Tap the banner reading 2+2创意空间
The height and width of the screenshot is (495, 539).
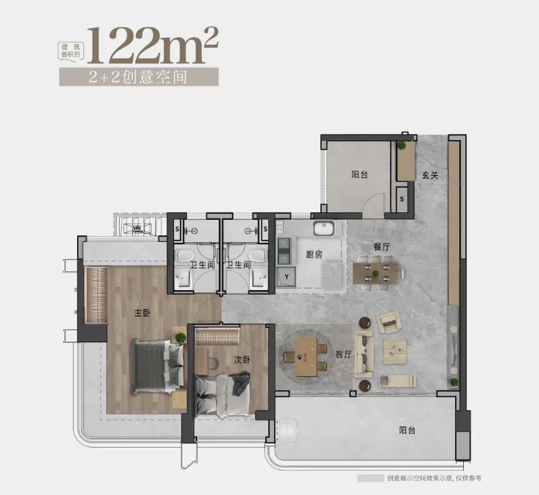pos(139,76)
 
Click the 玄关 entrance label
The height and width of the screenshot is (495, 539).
pos(430,175)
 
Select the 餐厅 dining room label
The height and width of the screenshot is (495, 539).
pos(381,246)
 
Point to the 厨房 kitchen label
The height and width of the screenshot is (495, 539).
pos(314,254)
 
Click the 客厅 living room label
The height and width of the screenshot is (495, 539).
pos(343,354)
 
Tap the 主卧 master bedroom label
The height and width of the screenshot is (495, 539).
pos(142,312)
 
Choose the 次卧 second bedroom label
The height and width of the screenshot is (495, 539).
pos(242,359)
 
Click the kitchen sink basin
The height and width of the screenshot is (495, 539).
pos(323,229)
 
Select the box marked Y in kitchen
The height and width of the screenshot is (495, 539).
pos(286,277)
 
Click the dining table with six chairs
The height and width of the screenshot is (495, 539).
pos(375,273)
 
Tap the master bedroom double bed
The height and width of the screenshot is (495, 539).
pos(157,367)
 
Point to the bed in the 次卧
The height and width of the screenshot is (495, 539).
pos(223,396)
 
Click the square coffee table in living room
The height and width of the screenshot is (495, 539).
pos(395,352)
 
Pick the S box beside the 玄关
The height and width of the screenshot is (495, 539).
pos(402,199)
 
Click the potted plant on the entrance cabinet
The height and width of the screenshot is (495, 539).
pos(402,145)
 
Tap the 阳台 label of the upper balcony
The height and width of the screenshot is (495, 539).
pos(360,174)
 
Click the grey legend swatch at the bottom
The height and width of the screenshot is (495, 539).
pos(370,478)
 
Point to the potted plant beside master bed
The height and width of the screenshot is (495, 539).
pos(180,337)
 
